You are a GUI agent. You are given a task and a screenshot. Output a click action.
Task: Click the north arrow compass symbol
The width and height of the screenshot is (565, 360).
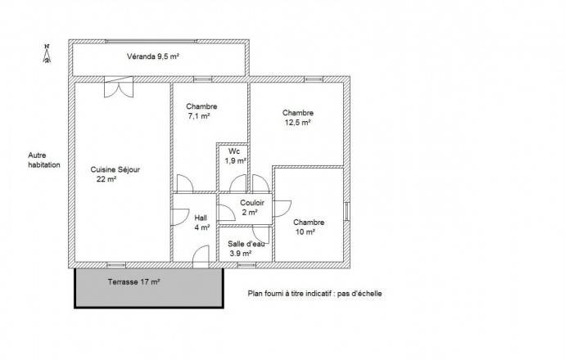[47, 53]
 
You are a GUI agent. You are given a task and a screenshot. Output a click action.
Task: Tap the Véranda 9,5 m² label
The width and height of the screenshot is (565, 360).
[153, 56]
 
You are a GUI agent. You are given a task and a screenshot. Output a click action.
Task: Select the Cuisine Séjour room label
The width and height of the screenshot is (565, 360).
[115, 169]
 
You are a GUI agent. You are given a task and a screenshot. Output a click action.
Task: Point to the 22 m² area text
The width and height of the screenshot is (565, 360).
[106, 179]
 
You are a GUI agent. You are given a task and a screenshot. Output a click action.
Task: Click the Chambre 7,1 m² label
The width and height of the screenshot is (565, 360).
[201, 111]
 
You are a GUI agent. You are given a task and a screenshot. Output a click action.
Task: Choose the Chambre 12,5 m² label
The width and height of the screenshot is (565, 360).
[297, 117]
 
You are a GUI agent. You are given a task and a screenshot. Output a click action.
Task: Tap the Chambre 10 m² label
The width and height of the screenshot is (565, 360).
[309, 227]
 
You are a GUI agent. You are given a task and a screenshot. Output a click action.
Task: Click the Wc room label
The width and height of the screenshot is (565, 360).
[234, 151]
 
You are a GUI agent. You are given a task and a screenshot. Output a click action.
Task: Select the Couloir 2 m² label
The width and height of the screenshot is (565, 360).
[252, 208]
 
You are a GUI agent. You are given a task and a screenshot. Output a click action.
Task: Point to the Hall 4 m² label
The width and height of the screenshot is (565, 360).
[201, 223]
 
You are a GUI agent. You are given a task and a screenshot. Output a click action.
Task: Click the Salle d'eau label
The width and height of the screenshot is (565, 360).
[246, 244]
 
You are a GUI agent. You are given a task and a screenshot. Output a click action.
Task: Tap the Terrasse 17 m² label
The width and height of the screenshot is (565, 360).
[133, 282]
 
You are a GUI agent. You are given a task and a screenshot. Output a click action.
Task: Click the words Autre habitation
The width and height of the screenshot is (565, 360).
[44, 160]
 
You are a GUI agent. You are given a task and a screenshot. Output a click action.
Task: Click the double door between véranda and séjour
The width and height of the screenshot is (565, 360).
[119, 87]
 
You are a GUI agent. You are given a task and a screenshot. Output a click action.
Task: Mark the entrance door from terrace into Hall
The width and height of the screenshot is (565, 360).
[201, 257]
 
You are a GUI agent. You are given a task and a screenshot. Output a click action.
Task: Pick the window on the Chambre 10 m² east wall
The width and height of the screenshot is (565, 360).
[346, 211]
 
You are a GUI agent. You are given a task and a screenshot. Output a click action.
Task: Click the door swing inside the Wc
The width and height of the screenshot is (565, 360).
[238, 183]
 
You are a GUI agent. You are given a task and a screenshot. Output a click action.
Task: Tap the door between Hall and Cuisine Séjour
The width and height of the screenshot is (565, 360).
[180, 217]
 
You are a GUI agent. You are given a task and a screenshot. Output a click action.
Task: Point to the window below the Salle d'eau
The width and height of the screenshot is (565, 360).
[246, 265]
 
